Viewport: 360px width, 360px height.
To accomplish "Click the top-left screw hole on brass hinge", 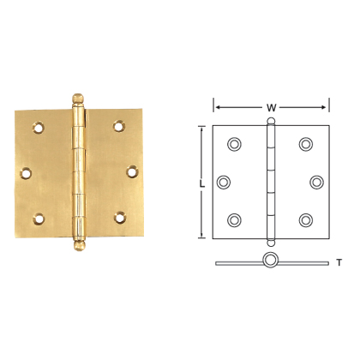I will (38, 128).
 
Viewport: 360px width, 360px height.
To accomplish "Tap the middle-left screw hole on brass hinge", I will (27, 172).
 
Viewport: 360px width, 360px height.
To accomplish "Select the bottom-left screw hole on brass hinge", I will (38, 217).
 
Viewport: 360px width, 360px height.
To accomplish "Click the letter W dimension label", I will (272, 107).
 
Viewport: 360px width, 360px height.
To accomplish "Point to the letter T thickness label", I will (339, 262).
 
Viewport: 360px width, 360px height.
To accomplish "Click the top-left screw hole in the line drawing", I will (235, 143).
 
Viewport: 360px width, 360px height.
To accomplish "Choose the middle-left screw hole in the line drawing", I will (225, 182).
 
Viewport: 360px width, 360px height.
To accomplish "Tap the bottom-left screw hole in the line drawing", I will (235, 219).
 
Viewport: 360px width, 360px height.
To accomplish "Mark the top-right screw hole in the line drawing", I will (306, 143).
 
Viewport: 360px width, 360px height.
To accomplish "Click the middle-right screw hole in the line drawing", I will (316, 182).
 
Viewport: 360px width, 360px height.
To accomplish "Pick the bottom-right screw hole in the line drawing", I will (306, 219).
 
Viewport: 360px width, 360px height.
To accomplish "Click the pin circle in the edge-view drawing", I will (271, 261).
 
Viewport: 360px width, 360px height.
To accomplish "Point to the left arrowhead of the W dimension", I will (216, 107).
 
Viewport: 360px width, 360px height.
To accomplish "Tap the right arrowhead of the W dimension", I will (326, 107).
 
